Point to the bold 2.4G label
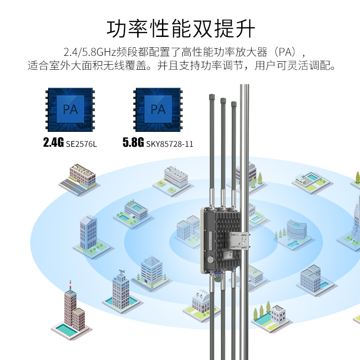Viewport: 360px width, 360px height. coord(53,143)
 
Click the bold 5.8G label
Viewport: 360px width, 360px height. coord(133,143)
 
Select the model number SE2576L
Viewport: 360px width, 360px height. coord(81,144)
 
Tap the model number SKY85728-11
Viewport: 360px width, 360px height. coord(170,144)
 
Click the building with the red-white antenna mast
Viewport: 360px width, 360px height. coord(73,310)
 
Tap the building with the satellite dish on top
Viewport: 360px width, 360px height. coord(121,288)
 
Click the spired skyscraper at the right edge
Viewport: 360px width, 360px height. coord(355,220)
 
